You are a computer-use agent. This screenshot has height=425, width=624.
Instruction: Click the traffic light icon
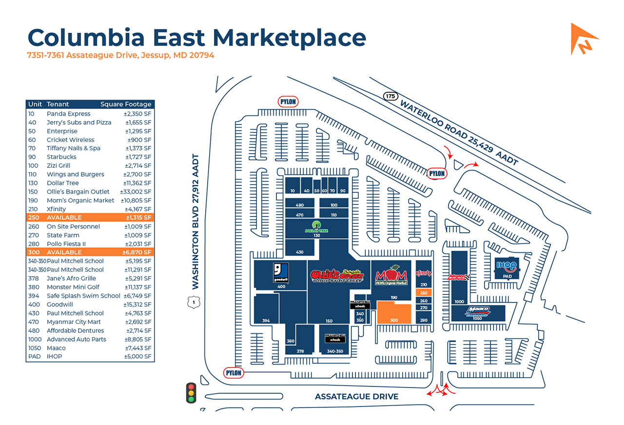tap(191, 392)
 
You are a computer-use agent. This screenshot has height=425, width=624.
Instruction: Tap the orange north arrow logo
tap(584, 39)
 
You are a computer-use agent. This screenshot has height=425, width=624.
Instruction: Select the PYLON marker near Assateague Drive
tap(234, 373)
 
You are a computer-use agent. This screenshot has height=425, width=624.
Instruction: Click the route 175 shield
tap(390, 96)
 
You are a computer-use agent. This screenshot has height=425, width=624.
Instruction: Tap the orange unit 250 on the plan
tap(423, 293)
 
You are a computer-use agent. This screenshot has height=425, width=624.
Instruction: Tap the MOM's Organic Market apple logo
tap(391, 275)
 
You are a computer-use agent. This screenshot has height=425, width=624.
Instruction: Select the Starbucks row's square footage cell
tap(138, 157)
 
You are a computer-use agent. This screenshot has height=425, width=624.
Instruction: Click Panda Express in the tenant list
tap(68, 114)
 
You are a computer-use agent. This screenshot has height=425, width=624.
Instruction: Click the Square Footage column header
tap(126, 104)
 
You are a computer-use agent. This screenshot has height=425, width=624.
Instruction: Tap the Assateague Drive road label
tap(356, 397)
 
